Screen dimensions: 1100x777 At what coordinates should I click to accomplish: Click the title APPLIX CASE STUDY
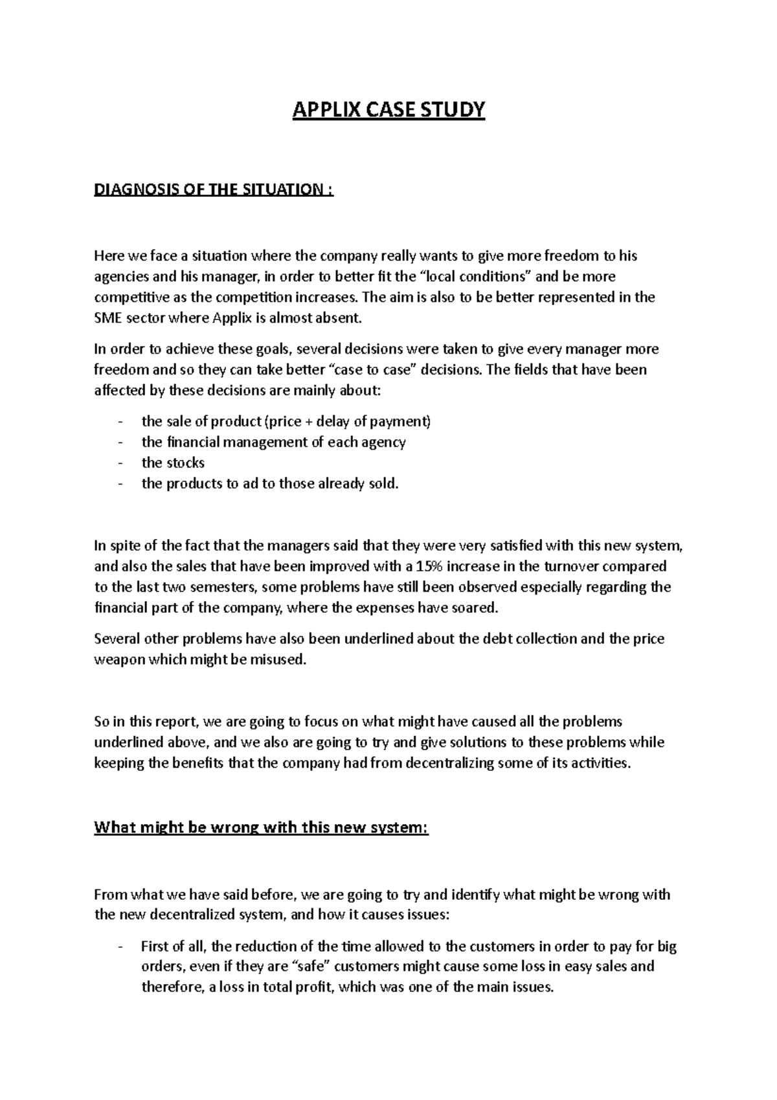[388, 111]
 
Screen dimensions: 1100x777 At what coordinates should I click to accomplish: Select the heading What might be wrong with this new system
[262, 828]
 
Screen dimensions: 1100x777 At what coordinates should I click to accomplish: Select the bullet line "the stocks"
[173, 463]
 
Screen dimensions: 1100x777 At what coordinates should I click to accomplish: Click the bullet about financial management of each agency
[273, 442]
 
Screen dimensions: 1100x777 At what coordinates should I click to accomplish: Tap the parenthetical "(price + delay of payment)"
[348, 422]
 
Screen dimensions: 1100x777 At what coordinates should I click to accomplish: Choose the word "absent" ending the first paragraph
[336, 318]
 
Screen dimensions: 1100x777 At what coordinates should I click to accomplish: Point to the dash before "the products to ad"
[121, 483]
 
